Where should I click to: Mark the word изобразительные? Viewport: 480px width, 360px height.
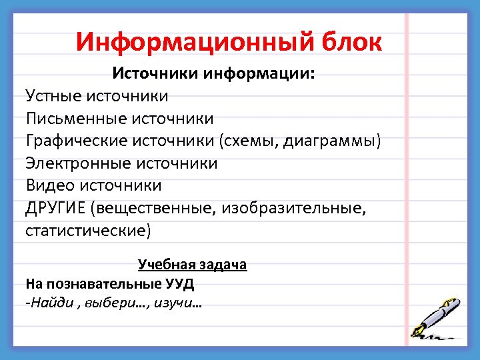coord(298,209)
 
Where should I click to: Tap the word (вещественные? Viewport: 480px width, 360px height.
coord(155,209)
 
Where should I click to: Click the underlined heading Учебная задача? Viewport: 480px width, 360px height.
coord(192,265)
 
